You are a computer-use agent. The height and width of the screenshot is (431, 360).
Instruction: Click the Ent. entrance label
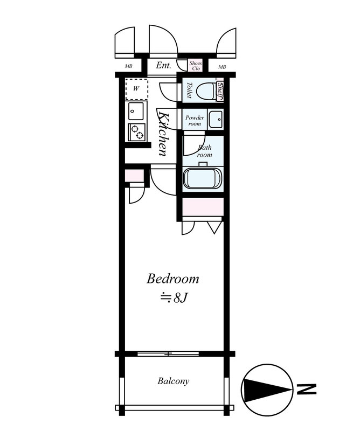[163, 66]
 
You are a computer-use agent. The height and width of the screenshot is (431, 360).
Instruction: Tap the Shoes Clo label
[195, 66]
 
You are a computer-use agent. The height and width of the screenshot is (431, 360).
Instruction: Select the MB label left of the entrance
[129, 67]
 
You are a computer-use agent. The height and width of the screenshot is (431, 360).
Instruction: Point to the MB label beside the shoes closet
[222, 67]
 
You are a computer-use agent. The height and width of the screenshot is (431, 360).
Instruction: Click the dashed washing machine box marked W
[136, 89]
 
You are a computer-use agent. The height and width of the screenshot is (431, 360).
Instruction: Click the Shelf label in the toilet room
[220, 92]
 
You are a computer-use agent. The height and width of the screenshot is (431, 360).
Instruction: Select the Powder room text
[194, 120]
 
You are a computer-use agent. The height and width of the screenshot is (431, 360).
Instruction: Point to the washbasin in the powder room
[214, 119]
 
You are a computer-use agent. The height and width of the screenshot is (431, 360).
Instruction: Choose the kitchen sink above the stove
[135, 112]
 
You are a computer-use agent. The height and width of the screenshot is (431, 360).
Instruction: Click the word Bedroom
[173, 279]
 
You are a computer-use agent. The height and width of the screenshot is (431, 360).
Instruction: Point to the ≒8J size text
[173, 297]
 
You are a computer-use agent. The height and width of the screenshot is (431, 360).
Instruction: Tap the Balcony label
[173, 381]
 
